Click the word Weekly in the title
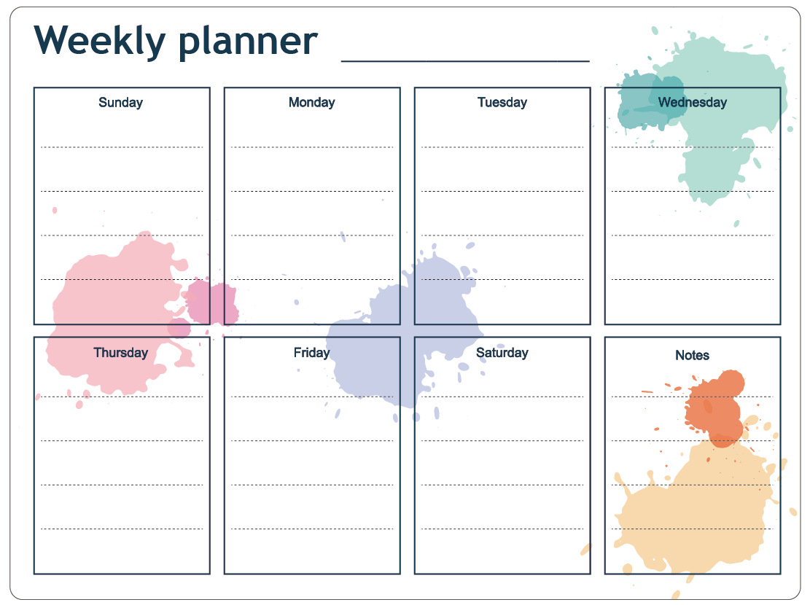click(100, 42)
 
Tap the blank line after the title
click(465, 61)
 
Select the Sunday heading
click(121, 103)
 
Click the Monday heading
click(312, 103)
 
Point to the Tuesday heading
click(502, 103)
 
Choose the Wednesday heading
click(692, 102)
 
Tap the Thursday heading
click(121, 353)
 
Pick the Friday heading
click(311, 353)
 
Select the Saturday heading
click(502, 353)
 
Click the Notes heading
click(692, 356)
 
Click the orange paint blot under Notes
click(715, 408)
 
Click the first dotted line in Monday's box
click(312, 147)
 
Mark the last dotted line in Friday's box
click(312, 529)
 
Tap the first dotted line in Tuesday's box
click(502, 147)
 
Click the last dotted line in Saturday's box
click(502, 529)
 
